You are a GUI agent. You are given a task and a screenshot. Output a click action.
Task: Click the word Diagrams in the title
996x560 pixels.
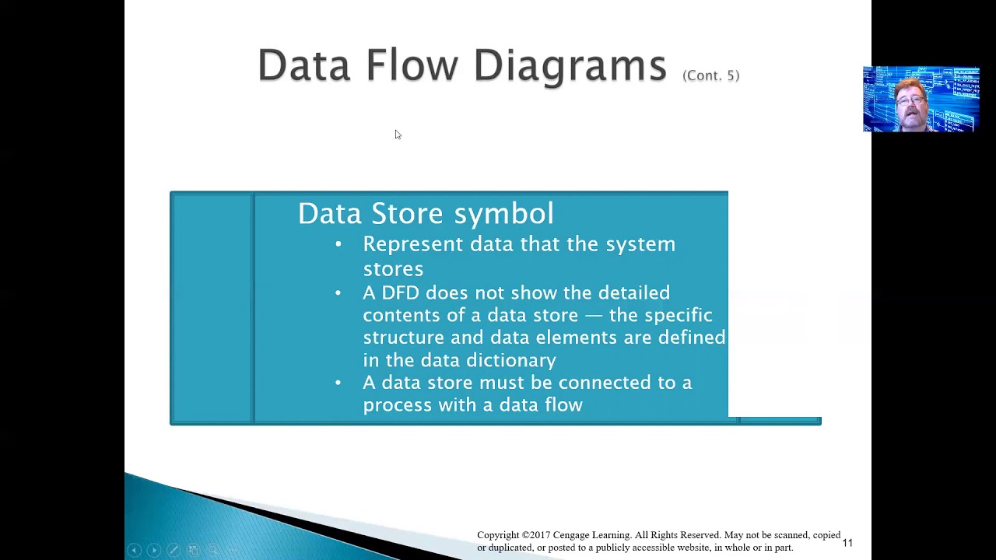pos(570,65)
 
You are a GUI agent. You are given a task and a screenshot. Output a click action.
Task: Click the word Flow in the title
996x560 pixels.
pos(412,65)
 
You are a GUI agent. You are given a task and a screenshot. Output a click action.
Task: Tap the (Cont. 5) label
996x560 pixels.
pos(710,75)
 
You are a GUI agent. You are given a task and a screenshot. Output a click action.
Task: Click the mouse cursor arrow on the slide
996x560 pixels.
pos(398,135)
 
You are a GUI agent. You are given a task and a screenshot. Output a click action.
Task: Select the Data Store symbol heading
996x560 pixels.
pos(426,214)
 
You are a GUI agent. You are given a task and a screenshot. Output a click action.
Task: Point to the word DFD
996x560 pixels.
pos(400,293)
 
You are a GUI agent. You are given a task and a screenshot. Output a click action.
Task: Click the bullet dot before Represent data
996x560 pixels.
pos(338,244)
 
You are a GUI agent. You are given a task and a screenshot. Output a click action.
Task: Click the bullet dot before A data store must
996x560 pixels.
pos(338,383)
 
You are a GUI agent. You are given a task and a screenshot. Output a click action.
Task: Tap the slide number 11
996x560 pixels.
pos(847,543)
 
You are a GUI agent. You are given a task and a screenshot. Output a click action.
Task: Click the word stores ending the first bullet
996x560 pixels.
pos(393,269)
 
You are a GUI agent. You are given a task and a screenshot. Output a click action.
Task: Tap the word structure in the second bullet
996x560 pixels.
pos(400,338)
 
